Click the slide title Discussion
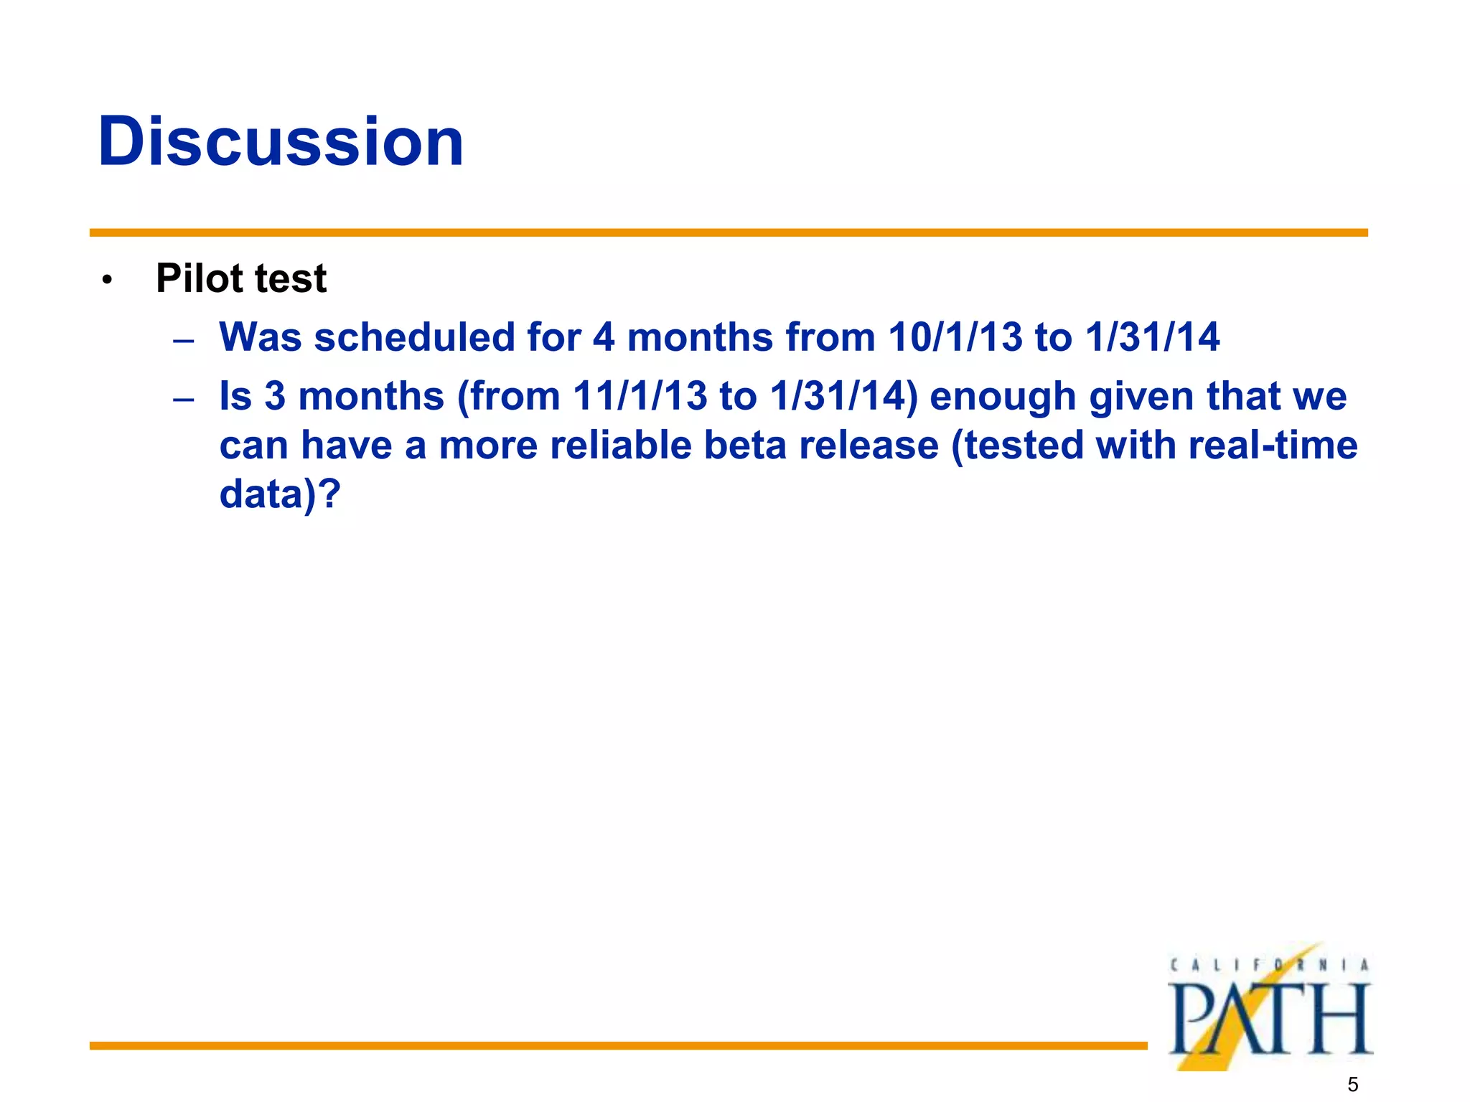(281, 141)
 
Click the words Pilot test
(241, 278)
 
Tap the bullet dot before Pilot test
(107, 281)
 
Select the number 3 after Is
(275, 396)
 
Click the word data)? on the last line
(279, 495)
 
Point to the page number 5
(1352, 1084)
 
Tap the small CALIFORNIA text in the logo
(1269, 966)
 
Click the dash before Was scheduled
(184, 340)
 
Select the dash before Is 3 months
(184, 399)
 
